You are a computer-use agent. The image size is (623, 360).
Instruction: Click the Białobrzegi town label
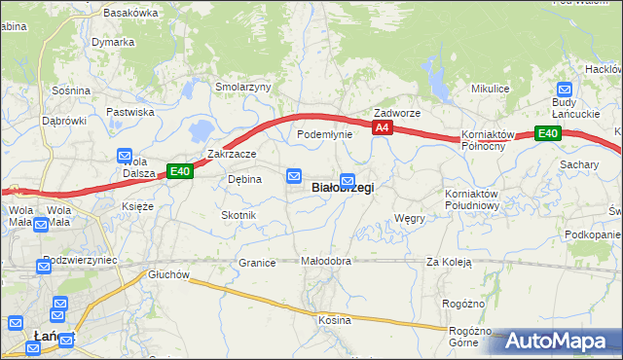(342, 187)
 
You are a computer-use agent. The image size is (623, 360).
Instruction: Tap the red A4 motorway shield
(383, 127)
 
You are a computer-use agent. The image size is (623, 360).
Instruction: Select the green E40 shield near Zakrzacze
(179, 171)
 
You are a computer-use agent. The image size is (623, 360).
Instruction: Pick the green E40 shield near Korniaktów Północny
(547, 134)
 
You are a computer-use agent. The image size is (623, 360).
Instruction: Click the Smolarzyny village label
(242, 87)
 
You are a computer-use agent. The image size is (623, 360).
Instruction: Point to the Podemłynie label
(324, 134)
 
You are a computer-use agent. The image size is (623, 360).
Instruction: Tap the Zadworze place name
(397, 113)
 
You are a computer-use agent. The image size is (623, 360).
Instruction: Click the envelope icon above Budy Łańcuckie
(564, 89)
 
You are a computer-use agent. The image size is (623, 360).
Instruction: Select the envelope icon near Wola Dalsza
(125, 156)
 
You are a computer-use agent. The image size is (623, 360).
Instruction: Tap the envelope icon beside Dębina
(294, 175)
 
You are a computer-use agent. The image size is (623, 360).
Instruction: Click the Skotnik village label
(238, 215)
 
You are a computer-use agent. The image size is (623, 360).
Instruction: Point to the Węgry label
(410, 219)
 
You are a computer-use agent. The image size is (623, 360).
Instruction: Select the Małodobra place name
(325, 262)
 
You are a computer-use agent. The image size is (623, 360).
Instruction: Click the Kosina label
(334, 320)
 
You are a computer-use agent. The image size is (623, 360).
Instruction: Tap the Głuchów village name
(168, 274)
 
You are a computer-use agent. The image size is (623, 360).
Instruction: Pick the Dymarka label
(113, 43)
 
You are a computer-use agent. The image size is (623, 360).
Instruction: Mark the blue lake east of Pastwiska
(202, 129)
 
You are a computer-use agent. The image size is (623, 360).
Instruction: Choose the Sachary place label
(579, 165)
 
